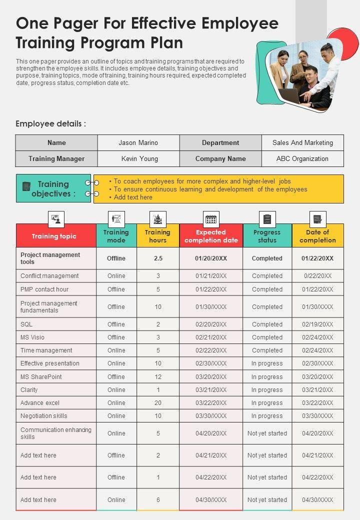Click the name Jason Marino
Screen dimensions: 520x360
[138, 142]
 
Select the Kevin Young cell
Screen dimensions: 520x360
[139, 158]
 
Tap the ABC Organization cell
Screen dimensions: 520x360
[302, 158]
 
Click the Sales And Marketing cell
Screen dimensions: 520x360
[302, 142]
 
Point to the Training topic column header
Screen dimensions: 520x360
[54, 236]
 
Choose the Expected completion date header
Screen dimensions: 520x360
[211, 236]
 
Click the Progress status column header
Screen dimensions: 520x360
[267, 236]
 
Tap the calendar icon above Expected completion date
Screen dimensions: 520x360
[211, 219]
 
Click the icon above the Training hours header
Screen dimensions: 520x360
[158, 219]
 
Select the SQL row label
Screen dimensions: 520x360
[26, 324]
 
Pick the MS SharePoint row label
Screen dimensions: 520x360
[41, 376]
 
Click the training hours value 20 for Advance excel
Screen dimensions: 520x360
[158, 402]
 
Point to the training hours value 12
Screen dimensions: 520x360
[158, 376]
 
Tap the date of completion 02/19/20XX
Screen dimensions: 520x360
[317, 324]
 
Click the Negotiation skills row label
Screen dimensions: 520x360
[43, 415]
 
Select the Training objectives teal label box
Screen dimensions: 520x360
[53, 188]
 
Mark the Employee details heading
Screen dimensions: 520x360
[50, 124]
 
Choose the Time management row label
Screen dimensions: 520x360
[46, 350]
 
